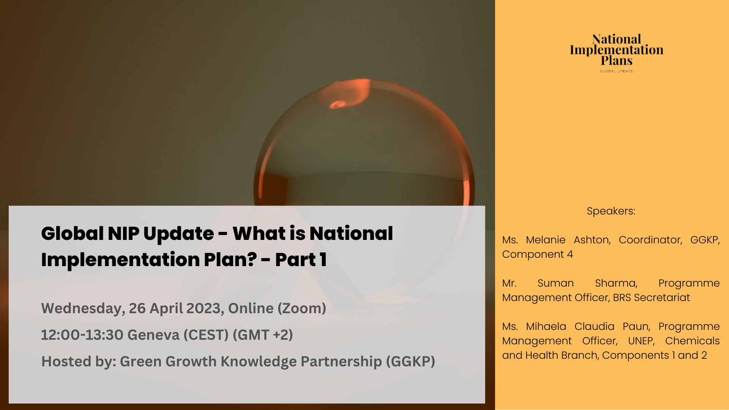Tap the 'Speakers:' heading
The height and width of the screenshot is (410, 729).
[611, 211]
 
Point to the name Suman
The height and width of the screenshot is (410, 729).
[555, 283]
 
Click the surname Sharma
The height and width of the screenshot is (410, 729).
[616, 283]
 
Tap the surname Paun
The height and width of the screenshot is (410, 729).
[637, 326]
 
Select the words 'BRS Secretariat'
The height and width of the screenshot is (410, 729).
[651, 298]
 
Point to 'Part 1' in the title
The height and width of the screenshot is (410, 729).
[301, 260]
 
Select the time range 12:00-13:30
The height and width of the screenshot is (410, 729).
[82, 335]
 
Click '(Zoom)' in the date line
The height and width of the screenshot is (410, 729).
[302, 309]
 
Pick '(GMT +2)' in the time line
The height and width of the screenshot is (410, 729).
[263, 335]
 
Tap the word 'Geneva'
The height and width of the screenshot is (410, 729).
[153, 335]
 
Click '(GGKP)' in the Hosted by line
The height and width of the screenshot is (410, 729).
[410, 361]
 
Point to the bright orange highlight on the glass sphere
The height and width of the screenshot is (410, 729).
[337, 104]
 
